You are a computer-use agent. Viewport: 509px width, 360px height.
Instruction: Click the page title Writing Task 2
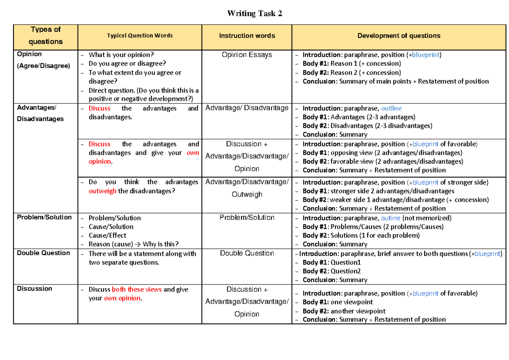click(x=255, y=14)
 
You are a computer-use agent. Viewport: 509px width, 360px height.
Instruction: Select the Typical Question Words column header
click(x=140, y=36)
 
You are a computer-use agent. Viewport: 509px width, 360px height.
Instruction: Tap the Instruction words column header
click(x=247, y=36)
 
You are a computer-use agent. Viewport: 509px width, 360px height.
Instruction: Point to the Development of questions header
click(x=399, y=36)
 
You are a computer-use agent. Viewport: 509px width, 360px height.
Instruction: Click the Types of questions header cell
click(x=45, y=36)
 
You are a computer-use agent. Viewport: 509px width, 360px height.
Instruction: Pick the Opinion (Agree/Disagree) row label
click(x=43, y=60)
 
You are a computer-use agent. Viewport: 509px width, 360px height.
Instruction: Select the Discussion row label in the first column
click(x=34, y=289)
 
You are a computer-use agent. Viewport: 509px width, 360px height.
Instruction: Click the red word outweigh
click(x=102, y=191)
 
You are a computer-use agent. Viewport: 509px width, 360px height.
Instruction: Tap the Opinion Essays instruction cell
click(x=247, y=55)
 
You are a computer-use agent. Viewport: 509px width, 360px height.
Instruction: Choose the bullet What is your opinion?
click(x=121, y=55)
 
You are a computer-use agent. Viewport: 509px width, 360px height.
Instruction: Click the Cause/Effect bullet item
click(x=107, y=235)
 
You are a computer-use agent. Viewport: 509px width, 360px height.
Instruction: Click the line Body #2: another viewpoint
click(x=344, y=311)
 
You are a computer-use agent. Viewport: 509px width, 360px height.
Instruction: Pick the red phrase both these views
click(x=137, y=290)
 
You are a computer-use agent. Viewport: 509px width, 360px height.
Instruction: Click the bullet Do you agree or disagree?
click(x=127, y=64)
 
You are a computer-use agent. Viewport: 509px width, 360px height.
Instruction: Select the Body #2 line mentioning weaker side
click(x=395, y=200)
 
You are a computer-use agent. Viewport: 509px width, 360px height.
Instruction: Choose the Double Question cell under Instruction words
click(x=247, y=253)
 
